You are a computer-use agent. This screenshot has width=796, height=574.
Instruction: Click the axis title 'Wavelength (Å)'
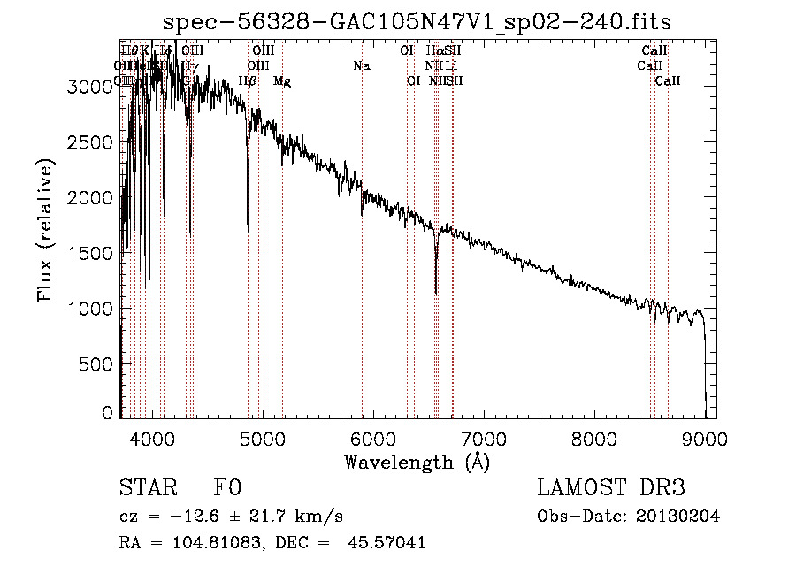click(417, 462)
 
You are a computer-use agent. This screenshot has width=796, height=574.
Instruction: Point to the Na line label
click(361, 66)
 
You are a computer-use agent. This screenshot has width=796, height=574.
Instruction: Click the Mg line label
click(282, 81)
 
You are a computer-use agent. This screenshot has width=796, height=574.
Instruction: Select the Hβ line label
click(248, 81)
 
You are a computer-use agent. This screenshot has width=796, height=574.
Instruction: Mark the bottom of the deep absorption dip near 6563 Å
click(436, 293)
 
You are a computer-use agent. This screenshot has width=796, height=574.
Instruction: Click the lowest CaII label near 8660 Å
click(668, 81)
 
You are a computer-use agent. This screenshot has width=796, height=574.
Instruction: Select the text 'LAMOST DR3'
click(610, 489)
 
